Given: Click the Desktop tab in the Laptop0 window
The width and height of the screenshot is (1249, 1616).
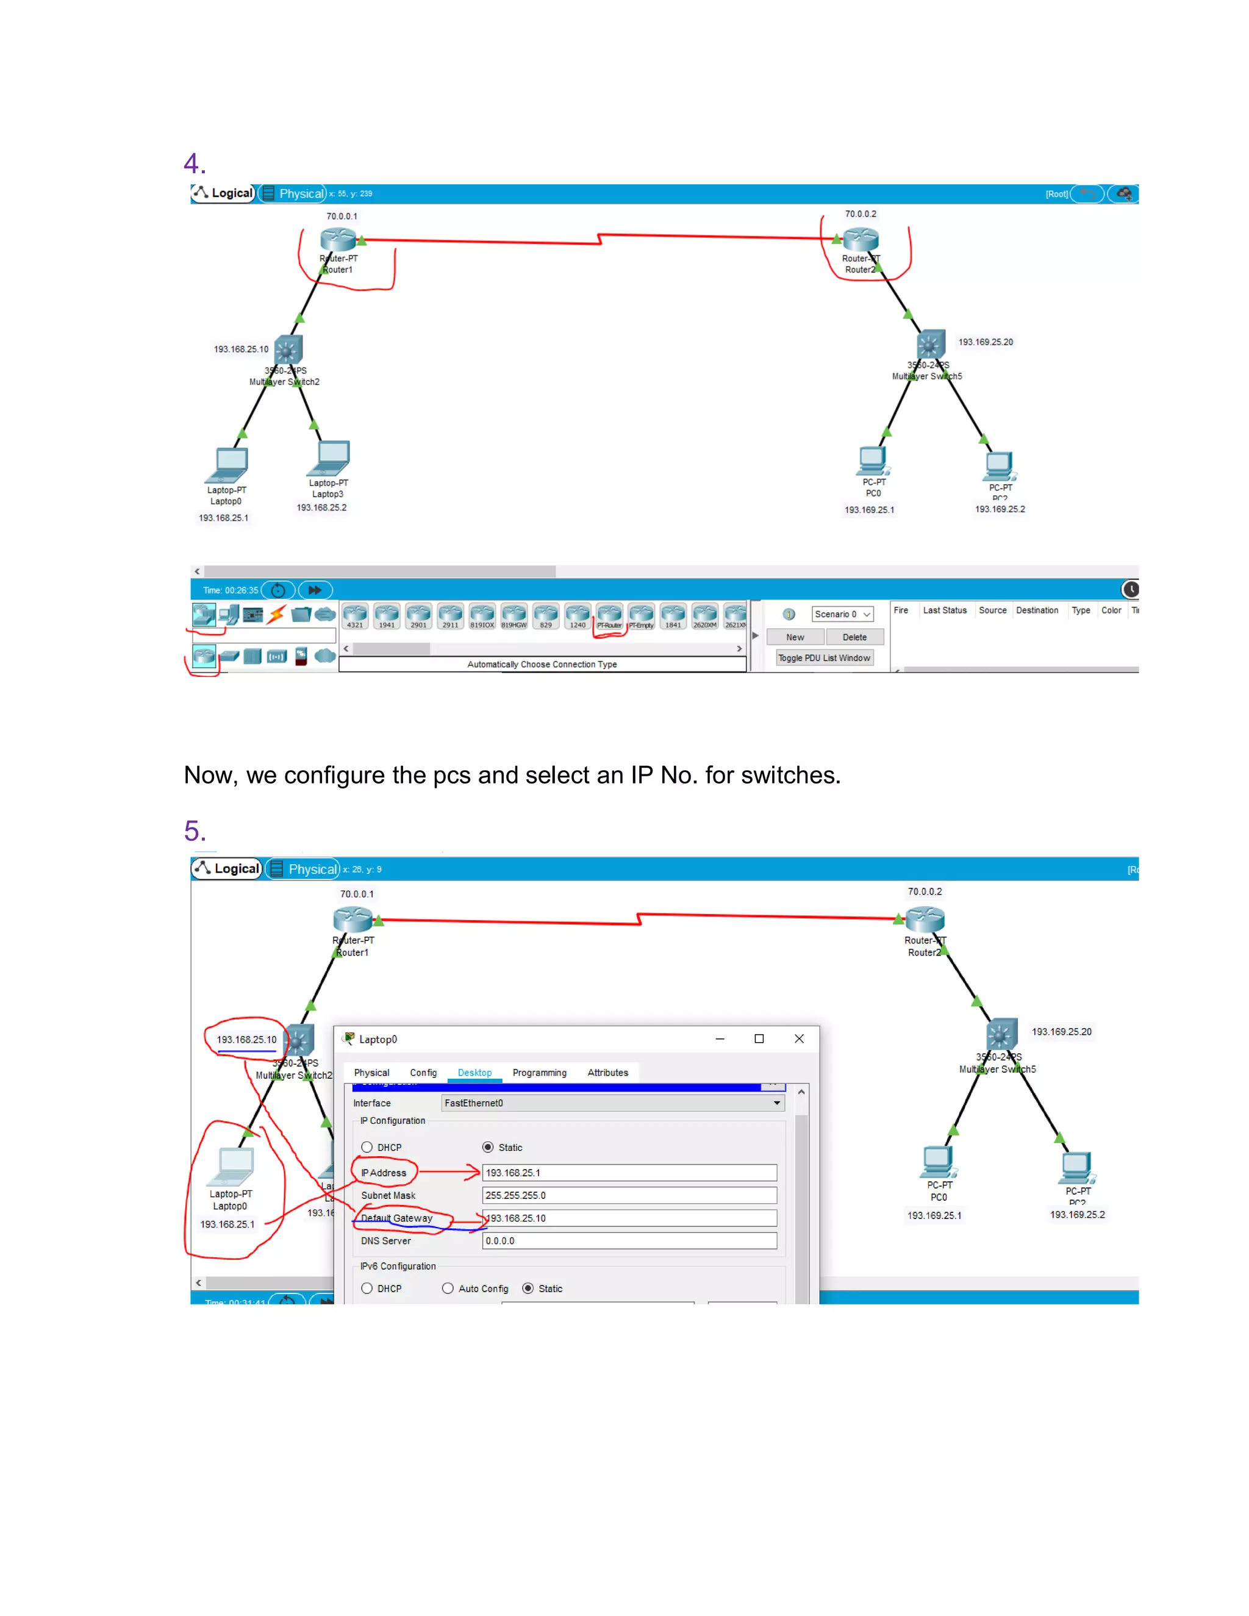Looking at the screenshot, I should [474, 1072].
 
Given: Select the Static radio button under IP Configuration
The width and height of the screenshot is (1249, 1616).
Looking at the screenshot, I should [488, 1147].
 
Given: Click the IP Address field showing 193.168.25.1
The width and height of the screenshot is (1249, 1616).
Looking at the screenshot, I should [628, 1172].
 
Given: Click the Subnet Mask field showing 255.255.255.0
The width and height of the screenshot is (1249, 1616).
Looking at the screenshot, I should [628, 1195].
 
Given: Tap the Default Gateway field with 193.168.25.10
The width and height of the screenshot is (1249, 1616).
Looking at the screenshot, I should [628, 1218].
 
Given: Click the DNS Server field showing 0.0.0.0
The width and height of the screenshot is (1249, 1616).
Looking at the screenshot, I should [628, 1241].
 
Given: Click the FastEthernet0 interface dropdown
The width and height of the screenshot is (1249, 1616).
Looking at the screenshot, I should [612, 1103].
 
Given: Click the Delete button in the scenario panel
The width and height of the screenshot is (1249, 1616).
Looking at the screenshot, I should [854, 637].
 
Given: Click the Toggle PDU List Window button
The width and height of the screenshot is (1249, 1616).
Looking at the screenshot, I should [823, 658].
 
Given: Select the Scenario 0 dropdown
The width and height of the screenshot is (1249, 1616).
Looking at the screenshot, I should [842, 614].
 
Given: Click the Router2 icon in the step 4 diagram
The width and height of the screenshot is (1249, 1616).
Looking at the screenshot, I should [861, 239].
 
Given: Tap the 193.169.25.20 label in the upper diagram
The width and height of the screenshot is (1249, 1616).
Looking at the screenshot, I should [985, 342].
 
